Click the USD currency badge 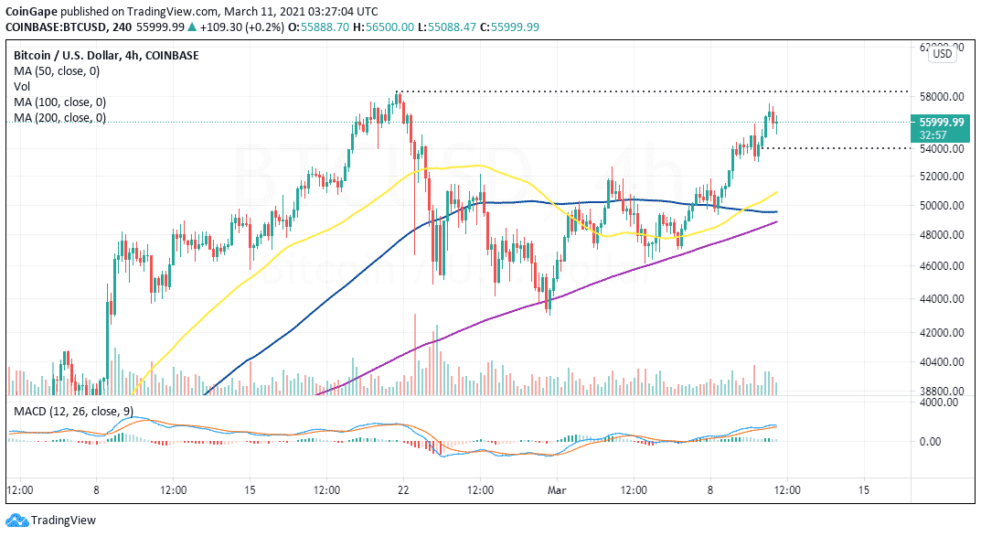[x=942, y=55]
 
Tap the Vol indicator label [x=22, y=87]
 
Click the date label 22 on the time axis [x=402, y=490]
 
